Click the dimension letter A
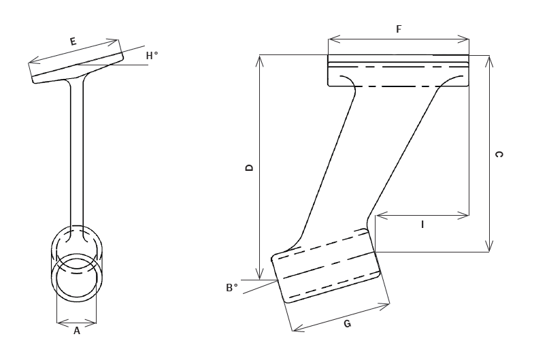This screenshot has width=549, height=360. (77, 331)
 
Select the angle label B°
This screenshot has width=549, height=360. (232, 288)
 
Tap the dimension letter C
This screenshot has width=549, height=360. (499, 155)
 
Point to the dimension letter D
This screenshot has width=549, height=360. (250, 167)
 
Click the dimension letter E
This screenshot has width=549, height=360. (73, 42)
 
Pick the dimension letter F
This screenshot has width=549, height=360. (399, 29)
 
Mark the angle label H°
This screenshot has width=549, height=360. (152, 56)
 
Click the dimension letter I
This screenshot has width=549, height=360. (422, 224)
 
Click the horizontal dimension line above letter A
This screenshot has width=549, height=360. (77, 321)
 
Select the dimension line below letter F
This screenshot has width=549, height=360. (399, 39)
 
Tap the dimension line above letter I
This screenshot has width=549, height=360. (422, 215)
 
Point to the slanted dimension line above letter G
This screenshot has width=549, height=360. (340, 316)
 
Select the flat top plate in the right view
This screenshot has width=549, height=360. (399, 71)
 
